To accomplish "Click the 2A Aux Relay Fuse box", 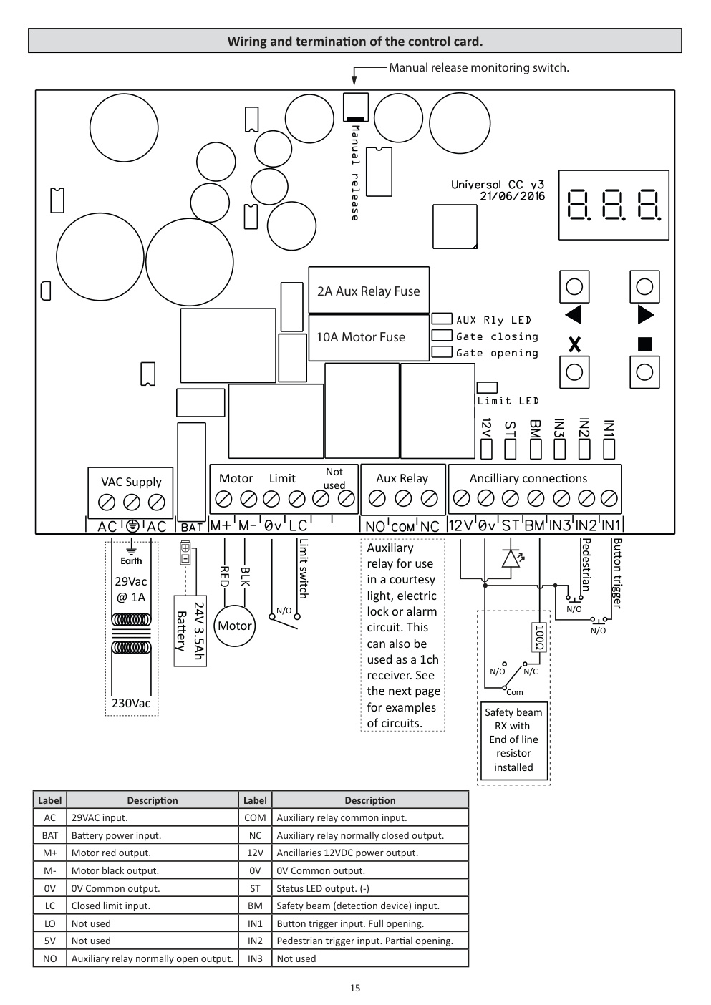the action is (369, 291).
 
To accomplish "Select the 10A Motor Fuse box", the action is (369, 337).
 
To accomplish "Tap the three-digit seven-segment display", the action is (614, 205).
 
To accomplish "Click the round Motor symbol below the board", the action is (235, 626).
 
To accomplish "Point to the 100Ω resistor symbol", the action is (539, 637).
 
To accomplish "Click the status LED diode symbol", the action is (511, 558).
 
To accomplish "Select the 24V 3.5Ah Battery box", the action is (190, 631).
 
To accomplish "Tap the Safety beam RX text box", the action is (514, 740).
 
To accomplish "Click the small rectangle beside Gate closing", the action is (442, 335).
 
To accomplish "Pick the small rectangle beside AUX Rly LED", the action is (442, 319).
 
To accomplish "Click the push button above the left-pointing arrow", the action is (574, 287).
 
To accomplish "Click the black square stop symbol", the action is (644, 344).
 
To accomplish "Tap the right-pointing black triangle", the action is (645, 314).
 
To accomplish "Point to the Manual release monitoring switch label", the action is (479, 68).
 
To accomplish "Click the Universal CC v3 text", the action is (498, 185).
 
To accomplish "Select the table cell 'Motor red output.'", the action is (153, 853).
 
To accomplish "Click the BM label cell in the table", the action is (255, 906).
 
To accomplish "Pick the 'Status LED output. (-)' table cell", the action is (370, 888).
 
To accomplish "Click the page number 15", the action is (355, 988).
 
